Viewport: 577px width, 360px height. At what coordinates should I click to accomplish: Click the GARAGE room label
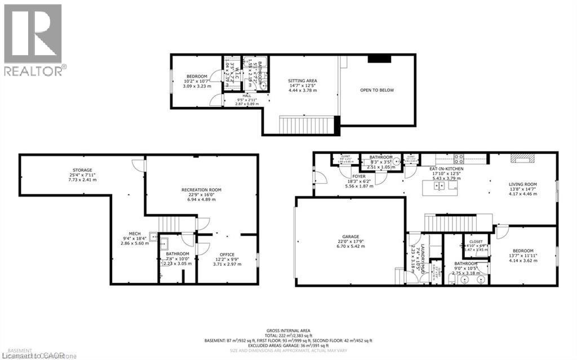coord(349,237)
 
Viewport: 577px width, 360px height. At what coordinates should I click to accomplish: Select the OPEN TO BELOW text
coord(378,90)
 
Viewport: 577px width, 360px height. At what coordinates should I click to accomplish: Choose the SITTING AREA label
coord(302,81)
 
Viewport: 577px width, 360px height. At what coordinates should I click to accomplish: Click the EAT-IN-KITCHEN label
coord(444,168)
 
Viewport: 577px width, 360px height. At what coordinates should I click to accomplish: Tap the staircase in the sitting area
coord(308,124)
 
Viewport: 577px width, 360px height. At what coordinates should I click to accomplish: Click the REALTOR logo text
coord(34,70)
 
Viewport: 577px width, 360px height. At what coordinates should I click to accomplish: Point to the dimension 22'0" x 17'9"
coord(349,242)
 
